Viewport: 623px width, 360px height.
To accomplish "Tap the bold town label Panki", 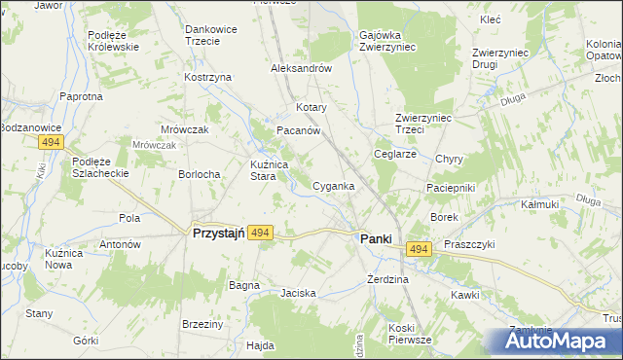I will tap(378, 238).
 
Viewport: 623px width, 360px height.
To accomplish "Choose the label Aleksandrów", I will tap(302, 69).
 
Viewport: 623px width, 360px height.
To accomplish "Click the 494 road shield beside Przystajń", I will tap(259, 234).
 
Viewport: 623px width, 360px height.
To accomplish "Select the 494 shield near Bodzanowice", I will tap(53, 143).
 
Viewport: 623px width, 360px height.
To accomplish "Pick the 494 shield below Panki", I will tap(419, 250).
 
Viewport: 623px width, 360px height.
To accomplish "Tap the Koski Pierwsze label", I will tap(409, 334).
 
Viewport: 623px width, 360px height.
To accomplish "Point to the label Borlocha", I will tap(199, 174).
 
